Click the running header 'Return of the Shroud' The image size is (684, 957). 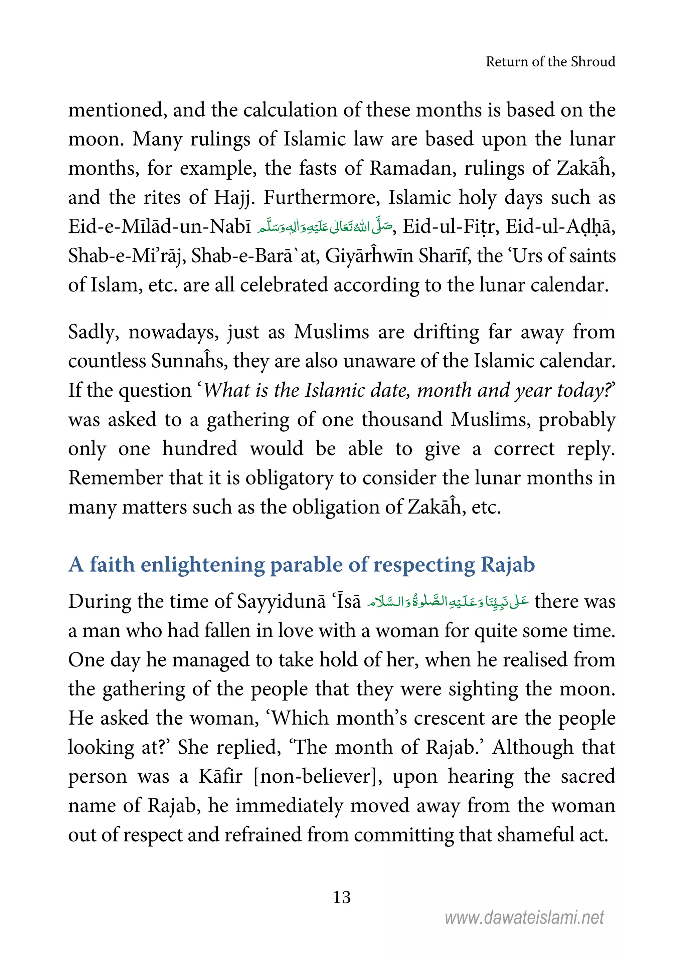(x=550, y=62)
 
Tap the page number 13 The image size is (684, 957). (x=342, y=897)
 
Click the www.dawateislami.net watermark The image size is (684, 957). (x=524, y=917)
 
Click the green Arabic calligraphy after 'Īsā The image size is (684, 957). (x=447, y=601)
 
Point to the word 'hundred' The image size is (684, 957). (x=200, y=448)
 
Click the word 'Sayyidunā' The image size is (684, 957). (x=281, y=601)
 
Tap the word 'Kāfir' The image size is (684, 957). (x=221, y=776)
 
